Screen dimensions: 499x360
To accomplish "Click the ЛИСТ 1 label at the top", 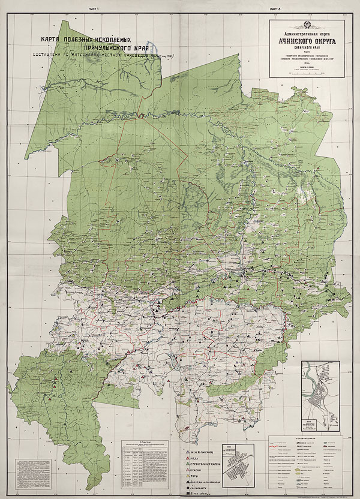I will [92, 10].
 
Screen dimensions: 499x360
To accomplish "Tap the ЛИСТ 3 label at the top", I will [275, 10].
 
